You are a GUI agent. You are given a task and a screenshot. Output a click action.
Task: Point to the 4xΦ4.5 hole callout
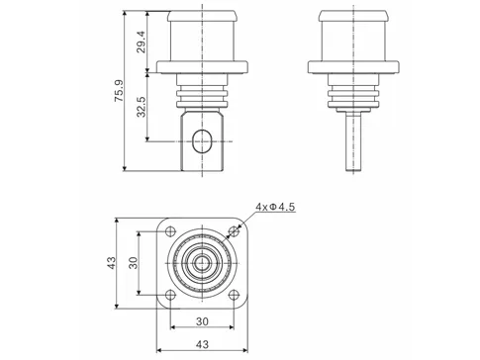[276, 207]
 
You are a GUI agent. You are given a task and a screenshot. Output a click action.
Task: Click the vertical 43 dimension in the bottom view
[112, 263]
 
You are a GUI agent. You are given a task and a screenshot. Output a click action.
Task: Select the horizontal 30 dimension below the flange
[202, 321]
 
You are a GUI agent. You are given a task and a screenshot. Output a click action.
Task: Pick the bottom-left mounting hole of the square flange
[170, 295]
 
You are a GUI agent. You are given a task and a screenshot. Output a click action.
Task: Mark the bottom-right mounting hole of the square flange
[234, 295]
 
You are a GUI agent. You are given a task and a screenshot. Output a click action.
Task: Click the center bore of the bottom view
[202, 263]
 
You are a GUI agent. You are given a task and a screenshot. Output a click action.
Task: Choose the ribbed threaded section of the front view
[202, 95]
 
